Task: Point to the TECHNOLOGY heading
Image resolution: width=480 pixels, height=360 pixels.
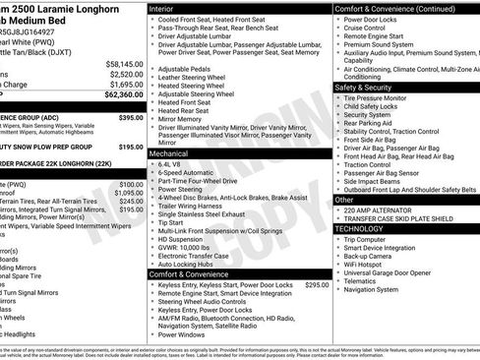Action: click(x=367, y=228)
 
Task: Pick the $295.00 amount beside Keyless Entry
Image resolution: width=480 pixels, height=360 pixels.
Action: click(x=317, y=285)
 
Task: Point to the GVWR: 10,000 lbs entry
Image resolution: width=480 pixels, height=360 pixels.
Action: click(x=190, y=248)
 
